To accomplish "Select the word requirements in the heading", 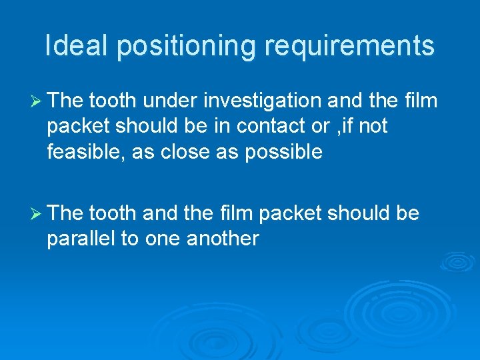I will click(350, 46).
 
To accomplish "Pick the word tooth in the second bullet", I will click(111, 213).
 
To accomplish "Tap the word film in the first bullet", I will click(421, 101).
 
